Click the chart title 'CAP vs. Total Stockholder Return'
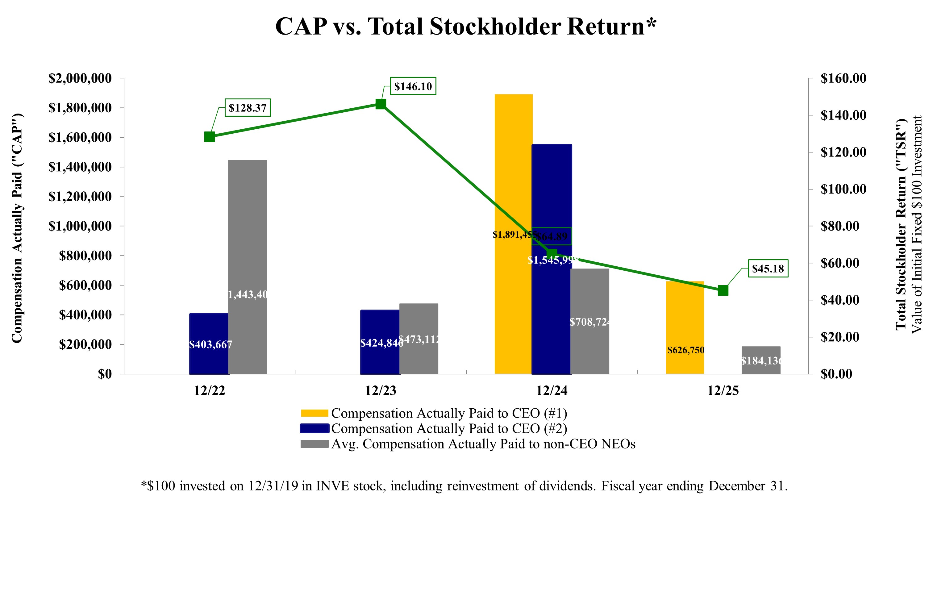tap(466, 27)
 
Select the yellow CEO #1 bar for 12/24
tap(513, 165)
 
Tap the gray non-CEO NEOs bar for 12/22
tap(247, 235)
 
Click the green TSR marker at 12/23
tap(381, 104)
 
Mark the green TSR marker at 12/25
tap(723, 290)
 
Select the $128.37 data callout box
tap(247, 108)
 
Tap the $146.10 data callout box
tap(413, 86)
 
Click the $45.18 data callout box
tap(768, 269)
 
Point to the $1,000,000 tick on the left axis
tap(80, 226)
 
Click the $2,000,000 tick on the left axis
tap(80, 78)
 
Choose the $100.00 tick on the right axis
tap(843, 189)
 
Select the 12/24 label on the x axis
tap(552, 391)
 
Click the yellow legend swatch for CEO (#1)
tap(314, 414)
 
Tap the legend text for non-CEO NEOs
tap(483, 444)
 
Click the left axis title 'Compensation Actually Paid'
tap(16, 227)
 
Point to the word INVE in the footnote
tap(333, 486)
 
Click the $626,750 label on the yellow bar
tap(686, 350)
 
